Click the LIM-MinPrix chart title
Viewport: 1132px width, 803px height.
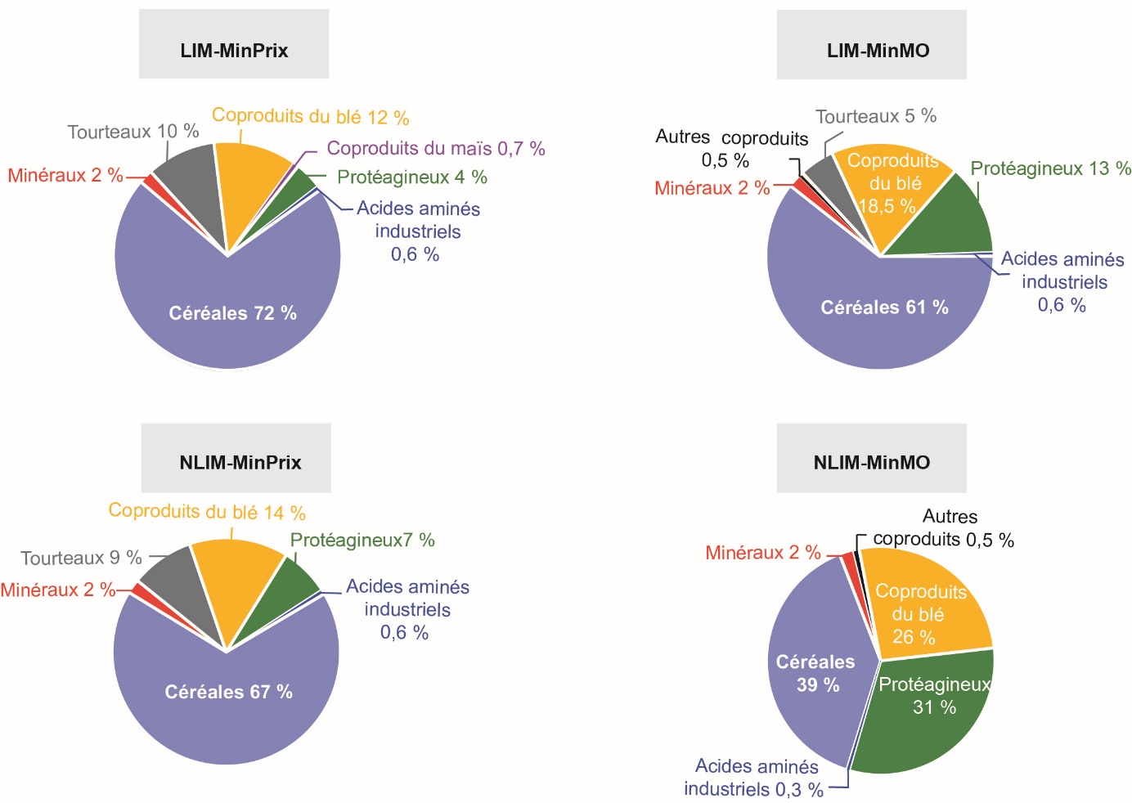234,51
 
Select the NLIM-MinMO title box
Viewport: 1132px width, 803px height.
871,463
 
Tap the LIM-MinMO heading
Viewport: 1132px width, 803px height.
878,51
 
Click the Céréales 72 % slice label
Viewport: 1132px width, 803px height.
232,313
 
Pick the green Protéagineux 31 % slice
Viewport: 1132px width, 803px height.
924,720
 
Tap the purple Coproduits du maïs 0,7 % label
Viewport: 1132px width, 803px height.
435,149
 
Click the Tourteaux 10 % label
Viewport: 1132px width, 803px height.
133,132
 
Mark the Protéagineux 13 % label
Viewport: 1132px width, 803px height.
1050,168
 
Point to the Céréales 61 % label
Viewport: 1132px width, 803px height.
884,307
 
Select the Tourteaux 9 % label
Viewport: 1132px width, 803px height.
81,559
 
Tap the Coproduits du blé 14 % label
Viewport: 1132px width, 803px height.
207,512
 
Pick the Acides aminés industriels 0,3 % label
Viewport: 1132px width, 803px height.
754,778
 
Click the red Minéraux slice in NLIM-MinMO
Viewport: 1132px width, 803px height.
848,561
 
